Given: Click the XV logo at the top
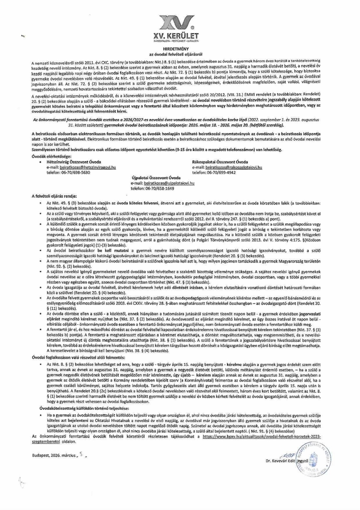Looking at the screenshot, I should [180, 22].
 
